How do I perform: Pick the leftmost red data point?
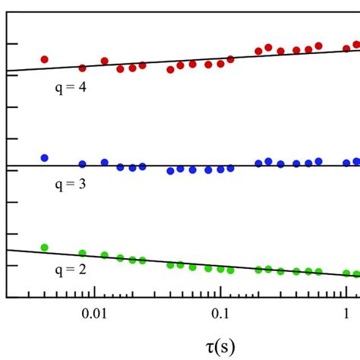44,59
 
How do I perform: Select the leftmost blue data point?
44,158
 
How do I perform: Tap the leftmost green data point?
44,248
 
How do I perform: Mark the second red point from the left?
82,68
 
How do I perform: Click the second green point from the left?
82,254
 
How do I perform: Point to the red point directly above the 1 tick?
346,49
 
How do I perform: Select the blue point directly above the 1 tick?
346,163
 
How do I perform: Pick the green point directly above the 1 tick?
346,273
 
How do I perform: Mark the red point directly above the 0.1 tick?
220,64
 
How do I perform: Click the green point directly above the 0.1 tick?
220,269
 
